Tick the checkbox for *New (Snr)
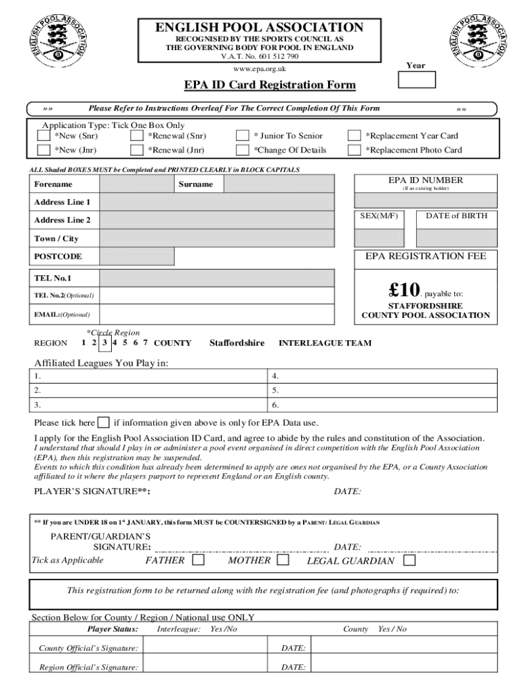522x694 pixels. (x=43, y=136)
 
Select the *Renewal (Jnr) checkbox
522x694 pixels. (x=136, y=150)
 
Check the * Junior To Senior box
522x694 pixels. (x=242, y=136)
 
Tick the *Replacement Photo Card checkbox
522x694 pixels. (x=354, y=150)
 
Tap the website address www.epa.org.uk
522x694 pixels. (x=260, y=68)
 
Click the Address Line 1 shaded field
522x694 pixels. (x=216, y=203)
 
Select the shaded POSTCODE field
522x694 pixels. (x=136, y=256)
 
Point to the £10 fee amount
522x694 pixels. (x=405, y=291)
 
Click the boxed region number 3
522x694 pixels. (x=104, y=343)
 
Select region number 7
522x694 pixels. (x=146, y=343)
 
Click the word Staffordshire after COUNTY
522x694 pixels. (x=237, y=344)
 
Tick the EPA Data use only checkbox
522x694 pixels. (x=104, y=422)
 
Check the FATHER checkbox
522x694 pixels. (x=198, y=560)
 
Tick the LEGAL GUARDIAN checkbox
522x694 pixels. (x=409, y=561)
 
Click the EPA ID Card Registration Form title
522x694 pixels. (x=270, y=85)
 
